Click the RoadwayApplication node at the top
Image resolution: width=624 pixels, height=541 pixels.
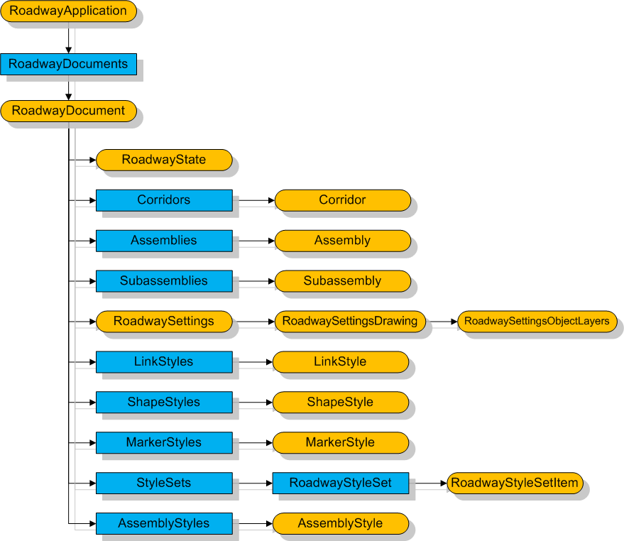coord(68,11)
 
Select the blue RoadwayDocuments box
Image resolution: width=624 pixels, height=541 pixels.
coord(68,64)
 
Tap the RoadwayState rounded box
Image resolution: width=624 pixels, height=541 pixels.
coord(164,160)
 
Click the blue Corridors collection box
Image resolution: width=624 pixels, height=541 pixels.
coord(164,200)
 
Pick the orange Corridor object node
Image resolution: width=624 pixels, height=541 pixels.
coord(342,200)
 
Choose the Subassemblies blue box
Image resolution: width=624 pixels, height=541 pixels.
coord(164,281)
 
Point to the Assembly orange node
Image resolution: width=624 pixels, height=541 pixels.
coord(342,241)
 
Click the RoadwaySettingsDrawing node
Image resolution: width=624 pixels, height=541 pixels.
coord(350,322)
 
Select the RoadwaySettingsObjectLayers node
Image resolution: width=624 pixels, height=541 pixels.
coord(537,322)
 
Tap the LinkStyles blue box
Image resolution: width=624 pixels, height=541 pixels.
coord(164,362)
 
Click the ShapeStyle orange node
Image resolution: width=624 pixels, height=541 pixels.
coord(340,403)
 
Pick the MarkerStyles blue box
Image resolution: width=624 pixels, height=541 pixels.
coord(164,443)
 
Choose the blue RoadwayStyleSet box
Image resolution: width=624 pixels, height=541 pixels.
coord(341,483)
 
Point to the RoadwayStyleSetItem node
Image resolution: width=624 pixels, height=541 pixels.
coord(516,483)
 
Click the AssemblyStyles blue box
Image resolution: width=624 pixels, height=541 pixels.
coord(164,524)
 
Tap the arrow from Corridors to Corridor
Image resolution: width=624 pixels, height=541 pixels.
coord(253,200)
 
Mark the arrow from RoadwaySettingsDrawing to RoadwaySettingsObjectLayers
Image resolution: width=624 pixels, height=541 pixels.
coord(442,322)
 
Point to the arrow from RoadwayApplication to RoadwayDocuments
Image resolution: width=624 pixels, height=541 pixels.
coord(68,37)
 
